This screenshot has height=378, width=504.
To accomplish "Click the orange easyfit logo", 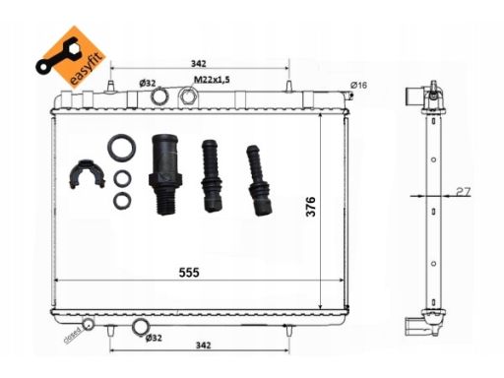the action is point(71,57).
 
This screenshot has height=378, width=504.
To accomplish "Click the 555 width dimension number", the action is point(189,273).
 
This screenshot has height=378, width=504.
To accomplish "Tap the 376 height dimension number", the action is point(311,207).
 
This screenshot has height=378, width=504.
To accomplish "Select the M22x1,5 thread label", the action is point(212,80).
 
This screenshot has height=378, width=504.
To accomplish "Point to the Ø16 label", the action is point(358,86).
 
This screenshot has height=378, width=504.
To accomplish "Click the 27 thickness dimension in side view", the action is point(463,191).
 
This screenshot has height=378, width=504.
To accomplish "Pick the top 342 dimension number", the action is point(199,63).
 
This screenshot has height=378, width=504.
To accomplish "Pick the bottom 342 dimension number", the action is point(204,346).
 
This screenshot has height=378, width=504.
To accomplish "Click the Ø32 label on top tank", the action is point(148,84).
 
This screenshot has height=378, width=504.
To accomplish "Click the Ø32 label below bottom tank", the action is point(154,338).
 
